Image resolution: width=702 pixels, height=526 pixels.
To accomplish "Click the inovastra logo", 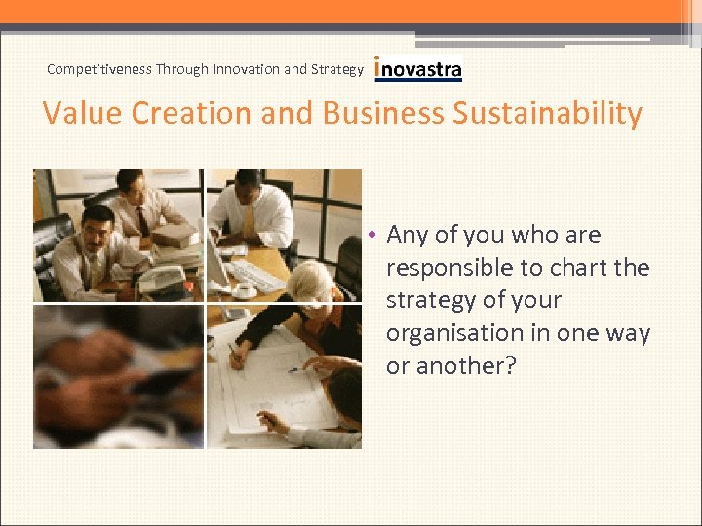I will [x=418, y=69].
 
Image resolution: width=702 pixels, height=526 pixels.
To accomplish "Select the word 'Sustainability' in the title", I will [x=547, y=114].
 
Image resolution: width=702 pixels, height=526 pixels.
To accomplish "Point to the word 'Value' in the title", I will [x=82, y=114].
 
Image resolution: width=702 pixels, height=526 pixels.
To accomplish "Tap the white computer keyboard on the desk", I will [x=256, y=277].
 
